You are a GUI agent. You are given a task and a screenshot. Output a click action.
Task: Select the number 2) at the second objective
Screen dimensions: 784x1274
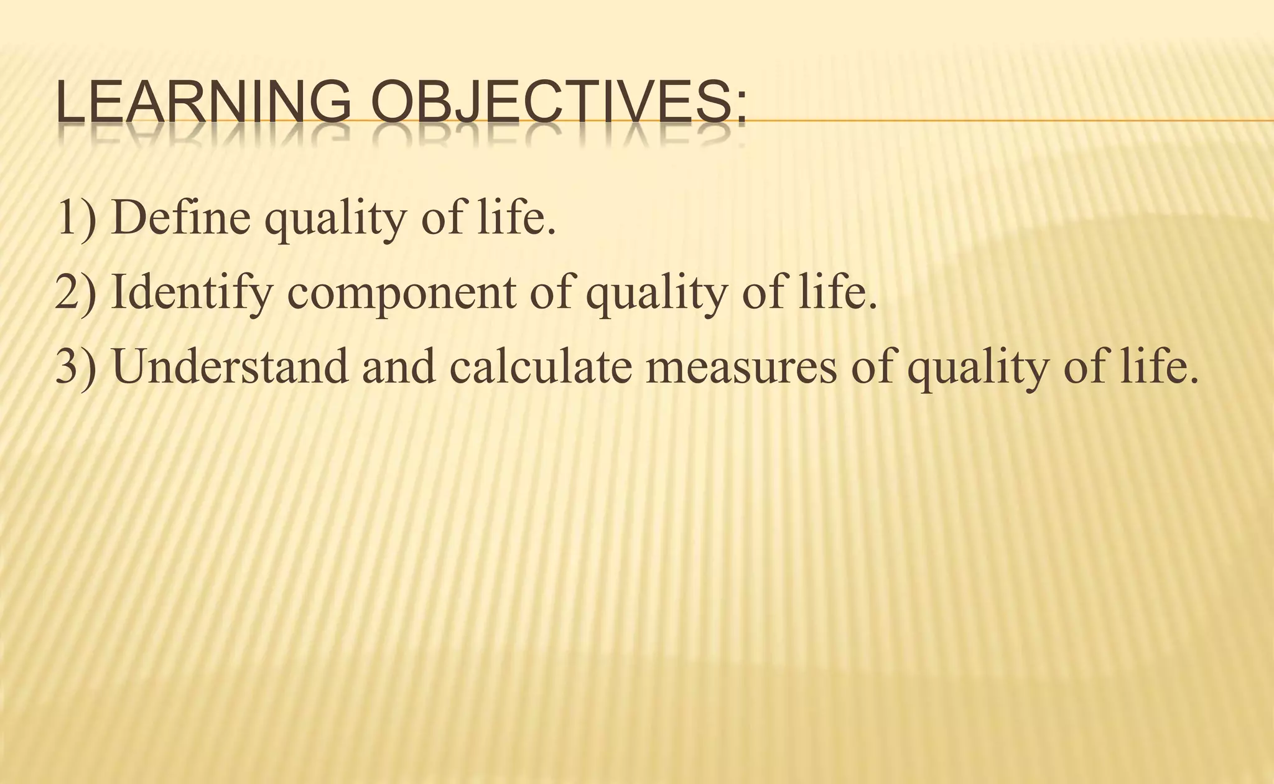click(x=77, y=292)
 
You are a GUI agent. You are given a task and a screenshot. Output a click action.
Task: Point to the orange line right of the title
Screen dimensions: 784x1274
click(x=1008, y=120)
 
